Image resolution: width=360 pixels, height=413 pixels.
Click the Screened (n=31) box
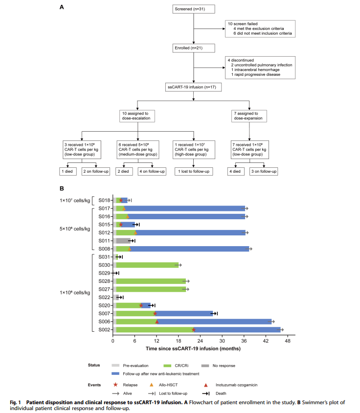click(194, 9)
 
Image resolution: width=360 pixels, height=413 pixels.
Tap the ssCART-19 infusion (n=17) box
click(194, 87)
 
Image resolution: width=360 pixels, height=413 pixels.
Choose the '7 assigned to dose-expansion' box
click(249, 115)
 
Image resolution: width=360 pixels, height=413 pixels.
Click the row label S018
click(104, 200)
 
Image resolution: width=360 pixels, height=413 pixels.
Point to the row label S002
click(104, 330)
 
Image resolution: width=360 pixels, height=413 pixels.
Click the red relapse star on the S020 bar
click(141, 305)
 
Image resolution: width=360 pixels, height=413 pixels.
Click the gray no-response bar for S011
click(123, 241)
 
